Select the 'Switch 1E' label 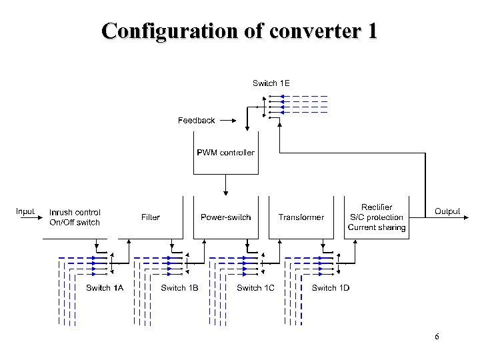pos(271,83)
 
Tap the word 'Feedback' pos(196,121)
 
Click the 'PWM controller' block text pos(225,153)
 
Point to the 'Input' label pos(25,211)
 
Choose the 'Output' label pos(447,211)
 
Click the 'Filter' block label pos(151,217)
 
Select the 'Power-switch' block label pos(225,217)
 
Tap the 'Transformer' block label pos(301,217)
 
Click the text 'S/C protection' pos(377,217)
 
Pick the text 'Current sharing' pos(377,227)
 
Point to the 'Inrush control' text pos(75,213)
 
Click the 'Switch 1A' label pos(105,288)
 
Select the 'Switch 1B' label pos(179,288)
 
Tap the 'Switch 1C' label pos(255,288)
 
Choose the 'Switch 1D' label pos(330,288)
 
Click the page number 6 pos(437,337)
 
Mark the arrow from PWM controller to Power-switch pos(226,185)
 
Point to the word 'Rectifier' pos(377,207)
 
